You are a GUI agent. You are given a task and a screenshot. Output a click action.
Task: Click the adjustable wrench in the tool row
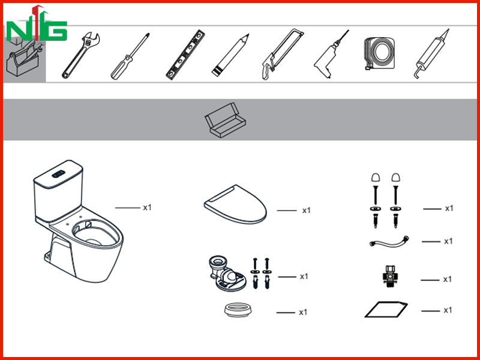coord(80,56)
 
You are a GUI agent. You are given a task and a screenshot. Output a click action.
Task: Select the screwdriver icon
coord(130,56)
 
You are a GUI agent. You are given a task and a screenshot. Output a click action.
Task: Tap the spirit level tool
coord(185,55)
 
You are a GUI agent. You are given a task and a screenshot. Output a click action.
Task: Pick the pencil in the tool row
coord(230,55)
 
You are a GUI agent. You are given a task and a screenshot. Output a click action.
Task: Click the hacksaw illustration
coord(282,54)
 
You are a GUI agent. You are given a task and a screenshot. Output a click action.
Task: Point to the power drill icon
coord(331,55)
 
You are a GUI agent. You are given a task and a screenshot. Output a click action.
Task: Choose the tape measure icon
coord(379,53)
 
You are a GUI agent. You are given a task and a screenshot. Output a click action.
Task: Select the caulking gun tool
coord(431,54)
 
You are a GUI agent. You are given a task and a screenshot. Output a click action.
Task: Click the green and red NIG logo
coord(37,24)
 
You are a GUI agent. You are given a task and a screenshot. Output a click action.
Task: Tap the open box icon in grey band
coord(226,120)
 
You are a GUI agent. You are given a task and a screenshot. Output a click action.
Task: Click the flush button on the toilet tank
coord(58,174)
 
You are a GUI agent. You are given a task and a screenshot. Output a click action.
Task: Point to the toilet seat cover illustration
coord(235,204)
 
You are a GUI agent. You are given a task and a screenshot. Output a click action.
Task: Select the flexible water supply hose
coord(389,242)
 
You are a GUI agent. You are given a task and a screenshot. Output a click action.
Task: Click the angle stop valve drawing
coord(389,277)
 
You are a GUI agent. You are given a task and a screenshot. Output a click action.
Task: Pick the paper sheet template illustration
coord(386,310)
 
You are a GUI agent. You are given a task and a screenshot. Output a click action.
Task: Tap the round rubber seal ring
coord(238,310)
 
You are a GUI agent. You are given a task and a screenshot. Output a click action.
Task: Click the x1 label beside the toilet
coord(147,208)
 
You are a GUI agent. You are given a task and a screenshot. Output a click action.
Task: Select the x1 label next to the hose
coord(448,241)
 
